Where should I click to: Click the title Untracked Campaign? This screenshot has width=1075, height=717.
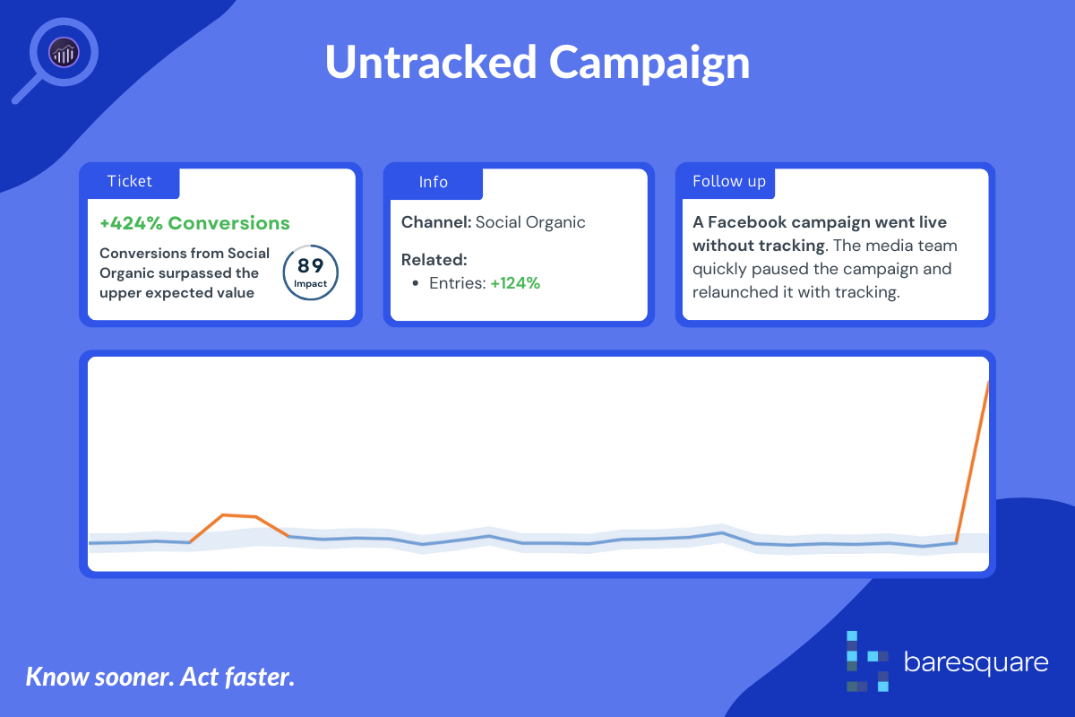click(537, 63)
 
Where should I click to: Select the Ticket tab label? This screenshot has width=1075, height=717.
click(130, 181)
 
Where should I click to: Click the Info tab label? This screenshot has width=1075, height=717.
click(434, 182)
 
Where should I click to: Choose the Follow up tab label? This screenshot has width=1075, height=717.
click(729, 182)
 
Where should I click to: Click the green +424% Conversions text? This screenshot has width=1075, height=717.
click(195, 223)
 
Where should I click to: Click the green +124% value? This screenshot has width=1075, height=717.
click(515, 283)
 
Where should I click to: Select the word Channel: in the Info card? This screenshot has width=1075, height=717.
click(436, 222)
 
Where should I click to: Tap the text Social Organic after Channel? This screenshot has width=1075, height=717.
click(530, 222)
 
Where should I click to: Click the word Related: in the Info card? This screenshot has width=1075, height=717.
click(434, 260)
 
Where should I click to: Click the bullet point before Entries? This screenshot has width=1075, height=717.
click(416, 283)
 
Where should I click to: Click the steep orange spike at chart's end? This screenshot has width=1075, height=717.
click(972, 461)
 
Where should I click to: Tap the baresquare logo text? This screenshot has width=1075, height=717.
click(976, 662)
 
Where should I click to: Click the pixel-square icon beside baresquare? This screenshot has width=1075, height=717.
click(867, 661)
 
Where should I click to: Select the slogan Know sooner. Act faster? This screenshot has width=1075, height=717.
click(159, 677)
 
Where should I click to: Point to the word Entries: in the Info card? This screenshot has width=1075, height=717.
click(458, 283)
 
